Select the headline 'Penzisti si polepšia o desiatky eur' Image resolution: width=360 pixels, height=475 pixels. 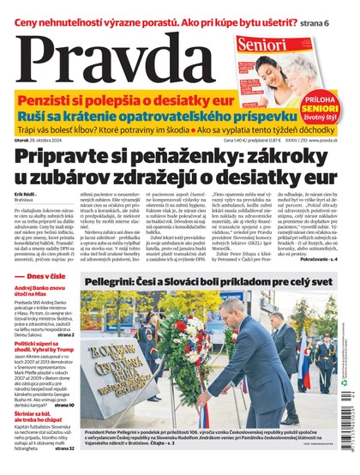pos(142,100)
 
